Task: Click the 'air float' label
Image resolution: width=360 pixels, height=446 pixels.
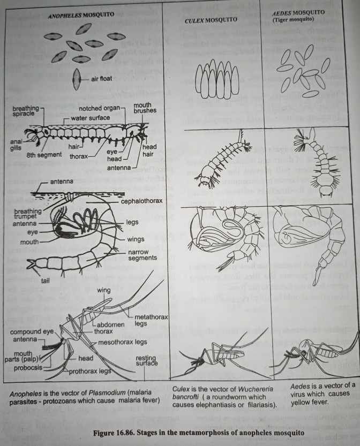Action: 101,79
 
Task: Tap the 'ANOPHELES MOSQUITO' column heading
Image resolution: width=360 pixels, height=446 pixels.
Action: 81,15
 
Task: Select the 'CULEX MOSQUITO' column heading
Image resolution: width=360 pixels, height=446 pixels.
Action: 211,20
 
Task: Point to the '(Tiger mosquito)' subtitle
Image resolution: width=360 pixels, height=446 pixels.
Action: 293,19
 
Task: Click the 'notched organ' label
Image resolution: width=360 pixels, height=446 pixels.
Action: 99,108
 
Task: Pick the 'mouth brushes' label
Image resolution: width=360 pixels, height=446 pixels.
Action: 145,108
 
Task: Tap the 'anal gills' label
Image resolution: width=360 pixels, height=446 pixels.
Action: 16,145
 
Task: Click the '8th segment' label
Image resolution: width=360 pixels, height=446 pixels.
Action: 44,155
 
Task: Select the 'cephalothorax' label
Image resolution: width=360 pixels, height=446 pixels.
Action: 141,201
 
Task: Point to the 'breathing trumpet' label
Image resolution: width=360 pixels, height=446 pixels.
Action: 28,213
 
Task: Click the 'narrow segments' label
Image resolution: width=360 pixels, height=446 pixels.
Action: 142,255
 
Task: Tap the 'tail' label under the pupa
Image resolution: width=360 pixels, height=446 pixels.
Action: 45,281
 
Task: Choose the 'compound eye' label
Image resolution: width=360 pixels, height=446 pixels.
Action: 32,332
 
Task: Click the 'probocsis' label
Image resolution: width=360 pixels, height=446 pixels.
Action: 28,368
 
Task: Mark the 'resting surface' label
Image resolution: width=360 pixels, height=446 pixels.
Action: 146,360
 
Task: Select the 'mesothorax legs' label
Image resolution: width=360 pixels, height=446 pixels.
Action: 122,342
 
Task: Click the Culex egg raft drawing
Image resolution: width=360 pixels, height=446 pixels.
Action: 217,79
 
